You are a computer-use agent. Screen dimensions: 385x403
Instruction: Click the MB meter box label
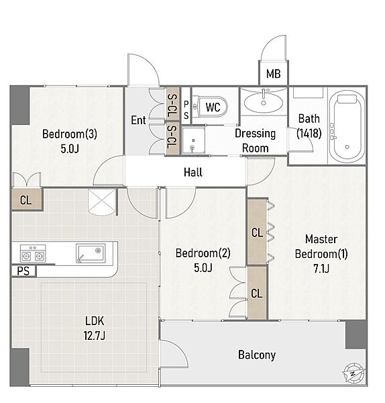[274, 74]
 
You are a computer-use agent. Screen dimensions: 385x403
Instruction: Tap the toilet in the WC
[210, 106]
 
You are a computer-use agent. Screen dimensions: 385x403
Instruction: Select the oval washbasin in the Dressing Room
[264, 102]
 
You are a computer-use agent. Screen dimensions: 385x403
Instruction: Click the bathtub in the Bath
[347, 126]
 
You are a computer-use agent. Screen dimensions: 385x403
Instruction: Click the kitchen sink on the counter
[91, 253]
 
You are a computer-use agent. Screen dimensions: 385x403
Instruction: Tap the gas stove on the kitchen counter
[33, 253]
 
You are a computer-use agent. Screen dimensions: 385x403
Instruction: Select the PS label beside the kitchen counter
[23, 271]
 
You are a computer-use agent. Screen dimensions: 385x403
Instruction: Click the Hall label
[193, 172]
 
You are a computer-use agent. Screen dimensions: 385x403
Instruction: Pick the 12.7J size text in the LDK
[94, 335]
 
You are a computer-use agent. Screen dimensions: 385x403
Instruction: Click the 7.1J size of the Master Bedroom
[321, 269]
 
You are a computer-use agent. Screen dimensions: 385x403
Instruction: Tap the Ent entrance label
[138, 120]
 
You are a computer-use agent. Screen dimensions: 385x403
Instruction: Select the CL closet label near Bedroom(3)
[25, 200]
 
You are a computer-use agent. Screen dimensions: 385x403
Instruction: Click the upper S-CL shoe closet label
[172, 105]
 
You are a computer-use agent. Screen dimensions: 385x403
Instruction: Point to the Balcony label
[257, 355]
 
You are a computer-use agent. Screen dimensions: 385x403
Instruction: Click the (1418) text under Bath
[309, 133]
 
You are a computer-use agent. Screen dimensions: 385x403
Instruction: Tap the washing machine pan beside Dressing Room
[194, 140]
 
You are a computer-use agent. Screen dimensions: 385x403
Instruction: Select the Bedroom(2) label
[203, 253]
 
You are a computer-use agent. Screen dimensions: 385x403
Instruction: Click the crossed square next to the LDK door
[101, 202]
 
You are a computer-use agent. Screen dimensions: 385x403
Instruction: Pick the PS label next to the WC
[186, 109]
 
